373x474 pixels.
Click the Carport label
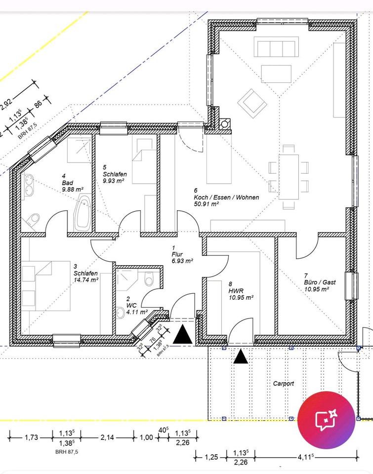click(x=284, y=384)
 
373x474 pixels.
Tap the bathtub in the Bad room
click(x=83, y=212)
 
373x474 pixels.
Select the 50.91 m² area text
click(x=206, y=204)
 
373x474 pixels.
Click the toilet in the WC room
click(x=149, y=279)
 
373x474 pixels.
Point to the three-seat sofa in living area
click(x=276, y=47)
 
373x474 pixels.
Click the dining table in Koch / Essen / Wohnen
click(x=289, y=177)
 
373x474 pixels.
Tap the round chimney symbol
click(x=225, y=124)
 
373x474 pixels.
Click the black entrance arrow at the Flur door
click(x=182, y=334)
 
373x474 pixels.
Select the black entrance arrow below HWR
click(x=241, y=356)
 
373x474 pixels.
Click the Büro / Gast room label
click(x=320, y=282)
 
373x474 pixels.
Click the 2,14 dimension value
click(x=107, y=437)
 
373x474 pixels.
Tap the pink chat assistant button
click(x=326, y=420)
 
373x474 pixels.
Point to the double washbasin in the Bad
click(x=29, y=184)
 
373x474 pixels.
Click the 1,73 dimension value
click(x=32, y=437)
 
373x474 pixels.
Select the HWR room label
click(x=236, y=291)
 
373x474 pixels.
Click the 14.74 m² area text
click(x=86, y=280)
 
